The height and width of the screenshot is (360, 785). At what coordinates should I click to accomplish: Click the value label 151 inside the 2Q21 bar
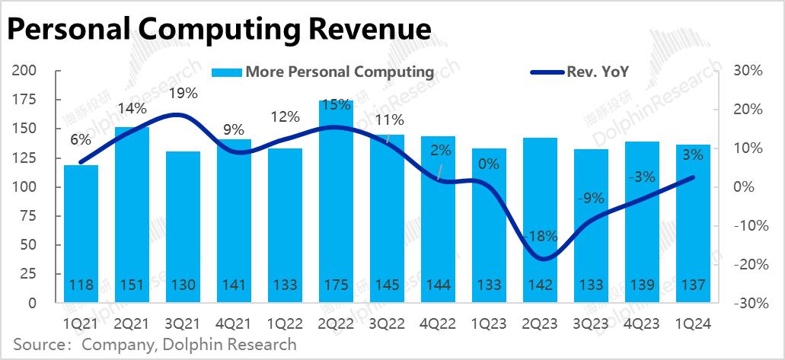click(132, 285)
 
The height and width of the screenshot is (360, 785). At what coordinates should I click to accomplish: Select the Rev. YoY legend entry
click(597, 72)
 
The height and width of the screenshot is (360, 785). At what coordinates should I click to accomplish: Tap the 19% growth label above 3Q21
click(183, 94)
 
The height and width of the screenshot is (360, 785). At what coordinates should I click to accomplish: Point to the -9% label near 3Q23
click(591, 199)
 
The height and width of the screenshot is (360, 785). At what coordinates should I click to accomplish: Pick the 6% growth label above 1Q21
click(81, 139)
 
